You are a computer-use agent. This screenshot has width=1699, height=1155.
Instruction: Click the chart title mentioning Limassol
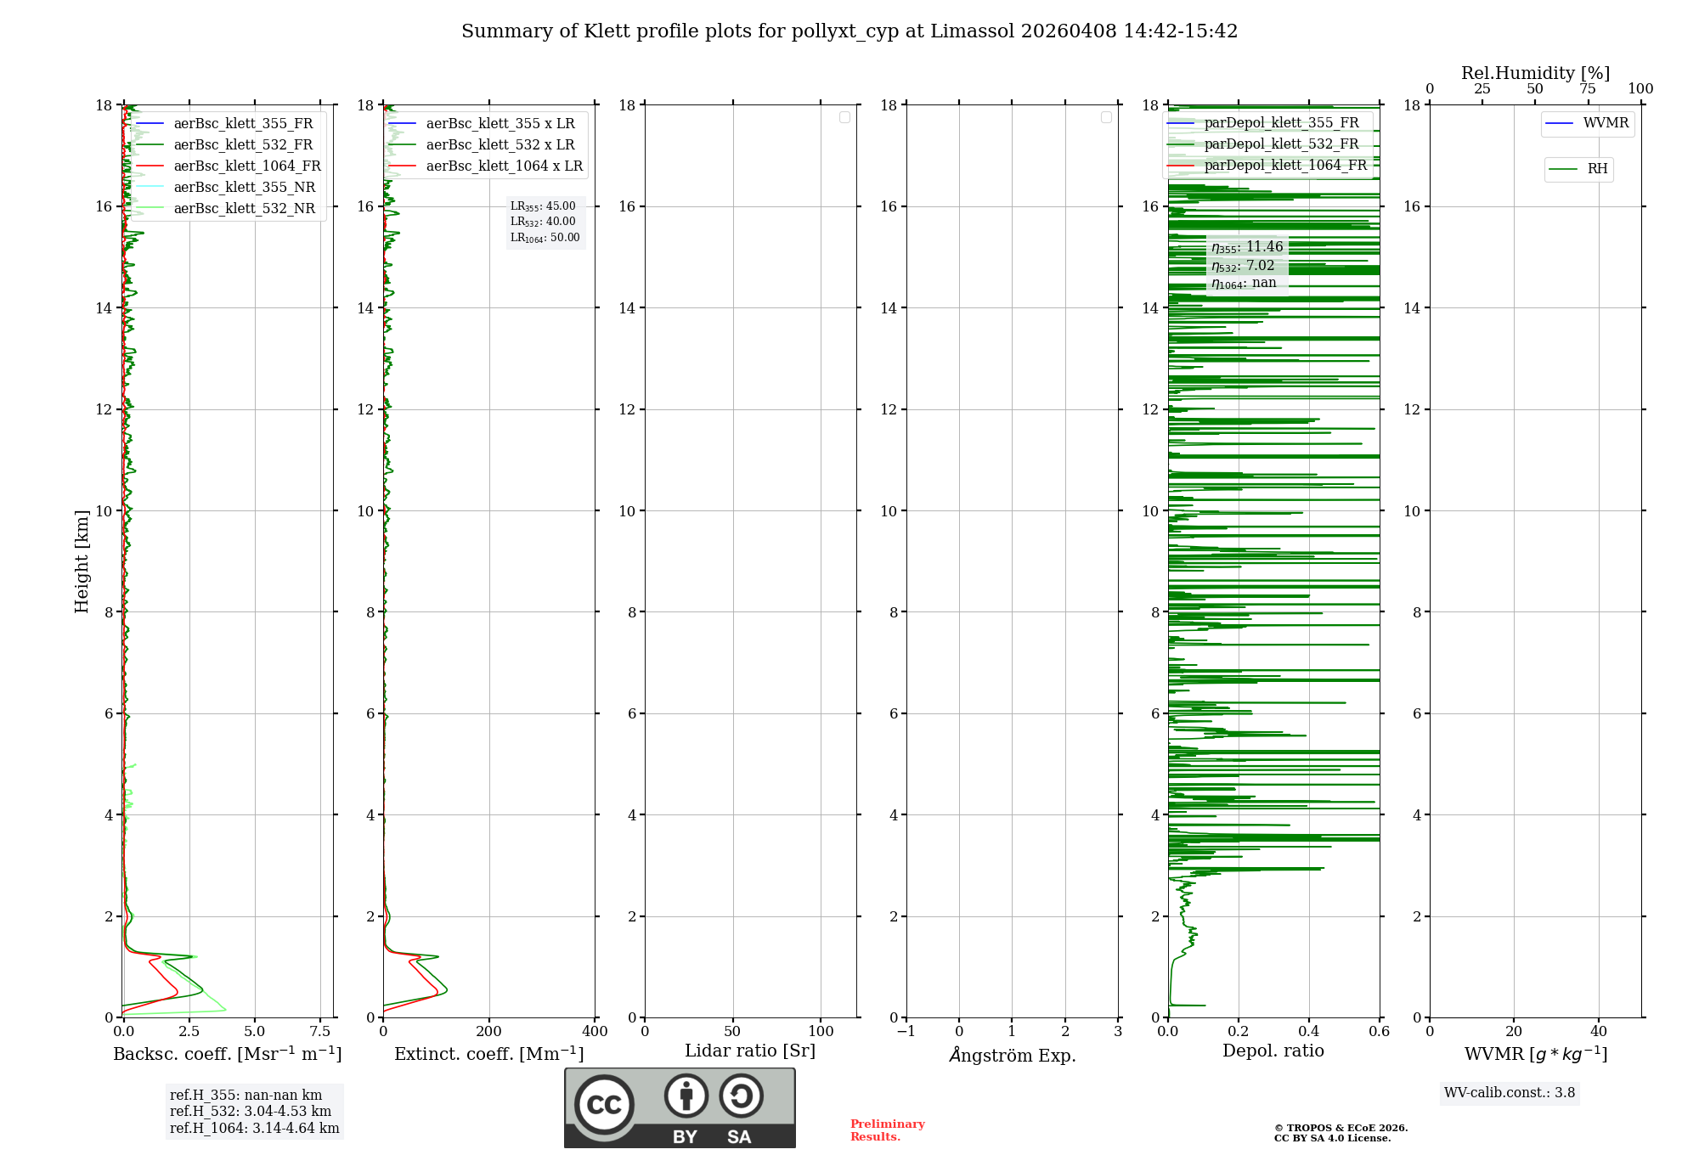coord(849,31)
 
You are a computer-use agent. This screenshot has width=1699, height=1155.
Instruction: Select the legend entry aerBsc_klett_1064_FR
coord(246,166)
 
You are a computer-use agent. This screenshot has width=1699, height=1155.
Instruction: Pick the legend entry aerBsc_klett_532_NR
coord(244,209)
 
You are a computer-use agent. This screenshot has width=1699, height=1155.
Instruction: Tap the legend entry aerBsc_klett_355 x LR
coord(500,124)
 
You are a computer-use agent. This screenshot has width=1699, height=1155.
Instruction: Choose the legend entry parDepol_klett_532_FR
coord(1281,144)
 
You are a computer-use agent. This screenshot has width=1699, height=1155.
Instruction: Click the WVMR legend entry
coord(1605,123)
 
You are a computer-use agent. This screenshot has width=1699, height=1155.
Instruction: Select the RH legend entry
coord(1596,169)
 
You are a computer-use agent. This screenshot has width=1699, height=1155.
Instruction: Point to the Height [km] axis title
coord(82,561)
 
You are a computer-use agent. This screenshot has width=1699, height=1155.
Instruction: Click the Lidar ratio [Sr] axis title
coord(750,1051)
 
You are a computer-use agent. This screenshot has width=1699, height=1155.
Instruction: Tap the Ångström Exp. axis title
coord(1012,1055)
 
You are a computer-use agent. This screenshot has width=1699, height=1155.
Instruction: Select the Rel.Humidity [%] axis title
coord(1535,73)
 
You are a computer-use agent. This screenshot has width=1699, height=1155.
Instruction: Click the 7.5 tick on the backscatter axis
coord(320,1032)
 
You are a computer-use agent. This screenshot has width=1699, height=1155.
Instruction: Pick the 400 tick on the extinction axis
coord(595,1032)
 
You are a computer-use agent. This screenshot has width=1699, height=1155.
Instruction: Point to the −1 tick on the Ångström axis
coord(906,1032)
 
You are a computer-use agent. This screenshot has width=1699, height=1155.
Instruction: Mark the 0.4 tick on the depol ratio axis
coord(1309,1032)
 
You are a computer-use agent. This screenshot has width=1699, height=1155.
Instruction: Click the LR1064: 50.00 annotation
coord(545,238)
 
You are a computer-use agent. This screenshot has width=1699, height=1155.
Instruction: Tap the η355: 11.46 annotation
coord(1247,247)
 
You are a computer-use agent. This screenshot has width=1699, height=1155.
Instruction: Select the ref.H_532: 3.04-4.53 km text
coord(251,1112)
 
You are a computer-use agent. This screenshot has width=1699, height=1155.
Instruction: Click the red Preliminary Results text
coord(887,1130)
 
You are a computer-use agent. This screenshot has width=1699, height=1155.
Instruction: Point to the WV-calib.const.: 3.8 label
coord(1510,1093)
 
